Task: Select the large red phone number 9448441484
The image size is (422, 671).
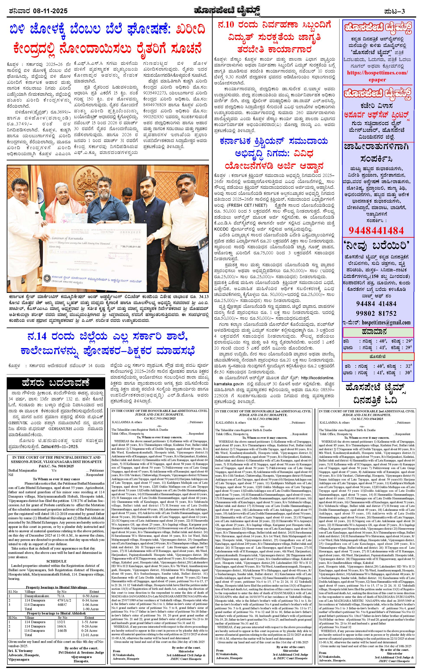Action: [376, 230]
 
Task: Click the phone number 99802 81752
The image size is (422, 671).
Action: [376, 313]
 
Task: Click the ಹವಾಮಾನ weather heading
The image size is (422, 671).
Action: [378, 332]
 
